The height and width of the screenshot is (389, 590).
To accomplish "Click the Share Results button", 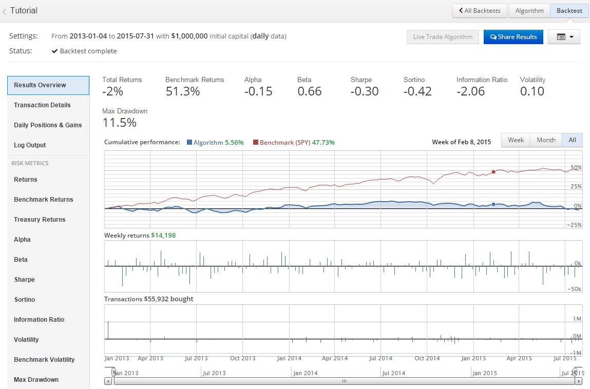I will click(x=513, y=37).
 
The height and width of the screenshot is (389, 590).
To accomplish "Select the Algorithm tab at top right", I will click(x=529, y=11).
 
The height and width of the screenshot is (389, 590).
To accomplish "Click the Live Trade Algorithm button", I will click(x=443, y=37).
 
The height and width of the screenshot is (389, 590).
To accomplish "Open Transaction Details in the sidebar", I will click(x=43, y=105).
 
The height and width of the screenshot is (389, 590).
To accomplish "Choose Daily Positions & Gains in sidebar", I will click(x=48, y=125).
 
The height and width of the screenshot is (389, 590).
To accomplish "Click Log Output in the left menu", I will click(x=30, y=145).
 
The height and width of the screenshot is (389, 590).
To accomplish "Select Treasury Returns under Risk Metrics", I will click(x=40, y=220).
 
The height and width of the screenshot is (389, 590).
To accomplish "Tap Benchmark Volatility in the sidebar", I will click(x=44, y=360).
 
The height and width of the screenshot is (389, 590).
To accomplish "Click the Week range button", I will click(x=516, y=140).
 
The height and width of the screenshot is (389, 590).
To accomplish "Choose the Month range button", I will click(x=546, y=140).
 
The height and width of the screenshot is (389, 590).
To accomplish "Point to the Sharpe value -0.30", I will click(x=365, y=92).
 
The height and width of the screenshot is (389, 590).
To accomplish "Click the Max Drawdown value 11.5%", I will click(x=120, y=123).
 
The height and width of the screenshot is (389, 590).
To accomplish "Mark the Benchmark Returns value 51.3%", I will click(x=182, y=92).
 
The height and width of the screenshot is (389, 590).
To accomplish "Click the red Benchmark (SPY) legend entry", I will click(x=285, y=142).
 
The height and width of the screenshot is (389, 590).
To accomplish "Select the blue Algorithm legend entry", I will click(x=208, y=142).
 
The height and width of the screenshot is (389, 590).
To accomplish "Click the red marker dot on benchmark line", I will click(x=493, y=172).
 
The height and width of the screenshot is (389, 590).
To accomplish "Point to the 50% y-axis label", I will click(x=576, y=168).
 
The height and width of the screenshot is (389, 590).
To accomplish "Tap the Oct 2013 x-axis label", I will click(x=242, y=358).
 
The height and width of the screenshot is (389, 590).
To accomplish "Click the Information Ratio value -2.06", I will click(x=471, y=92).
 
